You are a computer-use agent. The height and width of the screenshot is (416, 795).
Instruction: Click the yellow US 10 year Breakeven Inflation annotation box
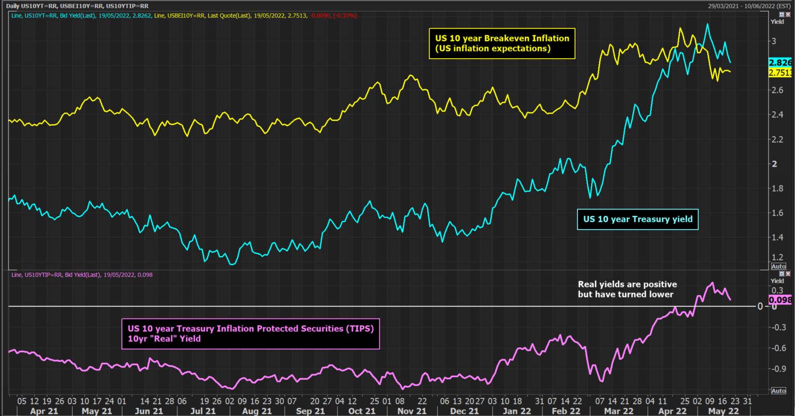[x=501, y=43]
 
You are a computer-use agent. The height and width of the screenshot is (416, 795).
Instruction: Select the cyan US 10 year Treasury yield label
[x=637, y=219]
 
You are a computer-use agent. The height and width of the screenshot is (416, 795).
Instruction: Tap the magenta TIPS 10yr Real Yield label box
[x=250, y=334]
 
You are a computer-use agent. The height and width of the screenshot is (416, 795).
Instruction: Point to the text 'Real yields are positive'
[x=627, y=284]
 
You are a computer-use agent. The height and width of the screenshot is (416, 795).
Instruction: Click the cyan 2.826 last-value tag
[x=780, y=62]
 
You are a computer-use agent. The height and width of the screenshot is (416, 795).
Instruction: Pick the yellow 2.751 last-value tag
[x=780, y=73]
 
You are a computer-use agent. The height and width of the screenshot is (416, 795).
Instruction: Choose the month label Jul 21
[x=203, y=411]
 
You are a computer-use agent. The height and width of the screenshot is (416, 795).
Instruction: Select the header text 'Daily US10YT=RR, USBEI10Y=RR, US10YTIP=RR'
[x=78, y=5]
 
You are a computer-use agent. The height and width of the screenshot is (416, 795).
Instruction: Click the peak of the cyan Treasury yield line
[x=707, y=24]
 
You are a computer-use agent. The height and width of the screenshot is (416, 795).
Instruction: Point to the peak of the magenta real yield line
[x=712, y=283]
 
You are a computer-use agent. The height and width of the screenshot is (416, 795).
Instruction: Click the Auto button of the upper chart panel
[x=778, y=266]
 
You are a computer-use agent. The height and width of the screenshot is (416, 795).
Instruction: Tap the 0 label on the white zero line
[x=760, y=307]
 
